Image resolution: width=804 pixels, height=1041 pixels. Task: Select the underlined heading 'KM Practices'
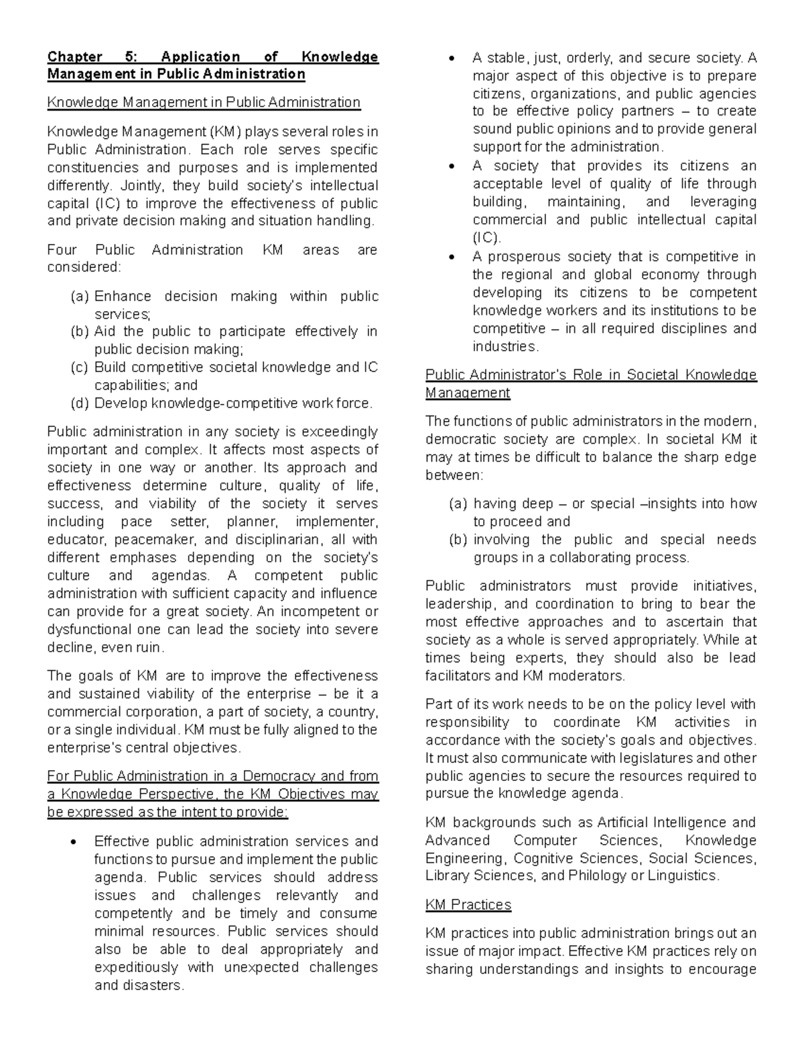pos(468,905)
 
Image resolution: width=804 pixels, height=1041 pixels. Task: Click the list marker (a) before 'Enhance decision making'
pos(79,296)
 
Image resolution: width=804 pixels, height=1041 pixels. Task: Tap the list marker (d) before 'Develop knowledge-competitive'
pos(79,404)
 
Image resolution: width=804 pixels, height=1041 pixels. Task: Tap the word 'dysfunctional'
pos(89,629)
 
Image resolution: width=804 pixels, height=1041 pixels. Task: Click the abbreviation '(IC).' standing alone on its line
pos(486,238)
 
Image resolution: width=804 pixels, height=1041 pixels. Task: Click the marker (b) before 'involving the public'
pos(458,540)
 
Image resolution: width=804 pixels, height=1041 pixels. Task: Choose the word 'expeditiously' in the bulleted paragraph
pos(136,967)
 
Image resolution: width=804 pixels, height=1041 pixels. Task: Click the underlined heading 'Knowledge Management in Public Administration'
pos(204,103)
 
